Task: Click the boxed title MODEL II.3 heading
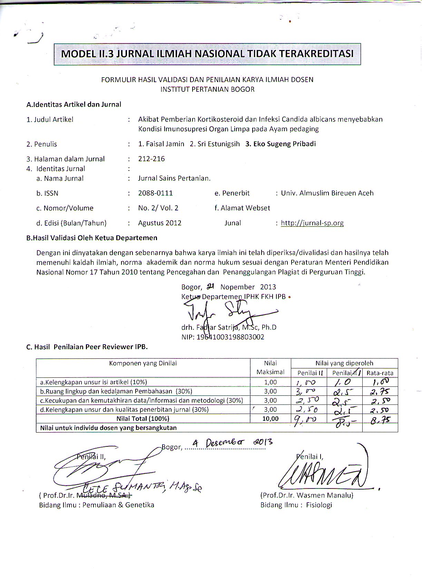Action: click(x=207, y=54)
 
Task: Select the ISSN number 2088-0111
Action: click(x=155, y=193)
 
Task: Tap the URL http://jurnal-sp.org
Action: click(x=312, y=223)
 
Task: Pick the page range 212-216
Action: click(x=151, y=159)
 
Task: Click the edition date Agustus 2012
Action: click(x=160, y=223)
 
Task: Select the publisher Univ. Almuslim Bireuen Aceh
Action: click(x=327, y=193)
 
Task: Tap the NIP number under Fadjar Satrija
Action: click(x=223, y=337)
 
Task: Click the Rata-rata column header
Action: click(x=380, y=373)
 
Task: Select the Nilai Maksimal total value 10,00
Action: click(x=271, y=418)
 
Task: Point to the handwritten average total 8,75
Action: click(x=380, y=419)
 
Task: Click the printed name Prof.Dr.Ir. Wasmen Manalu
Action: click(x=307, y=495)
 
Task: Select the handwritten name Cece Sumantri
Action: click(x=141, y=487)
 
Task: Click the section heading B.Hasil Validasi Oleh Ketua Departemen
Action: click(x=92, y=238)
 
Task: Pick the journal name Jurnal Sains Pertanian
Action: click(x=174, y=178)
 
